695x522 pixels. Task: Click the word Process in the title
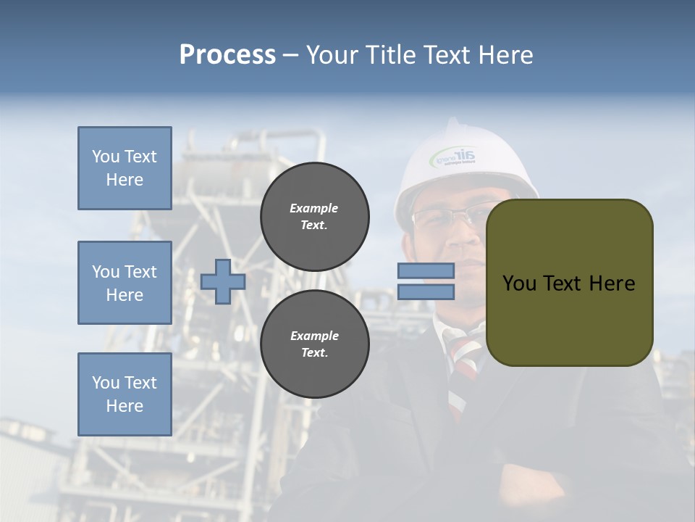[227, 55]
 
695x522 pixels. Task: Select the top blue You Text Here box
[125, 168]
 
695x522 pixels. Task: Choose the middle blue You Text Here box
[125, 283]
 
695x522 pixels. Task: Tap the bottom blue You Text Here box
[125, 394]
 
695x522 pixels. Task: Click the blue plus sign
[223, 281]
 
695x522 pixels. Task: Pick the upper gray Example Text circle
[314, 217]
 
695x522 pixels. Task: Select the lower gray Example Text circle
[314, 344]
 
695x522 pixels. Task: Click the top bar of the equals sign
[426, 271]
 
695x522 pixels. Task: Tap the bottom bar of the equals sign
[426, 291]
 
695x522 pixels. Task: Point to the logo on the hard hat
[453, 156]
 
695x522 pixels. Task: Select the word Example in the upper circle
[314, 208]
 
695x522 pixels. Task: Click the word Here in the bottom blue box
[125, 406]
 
